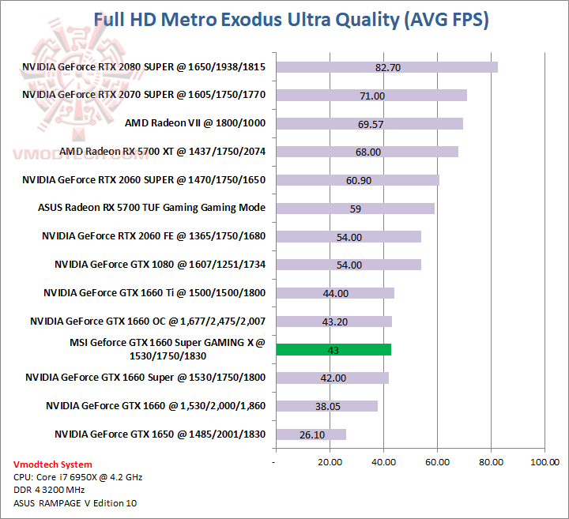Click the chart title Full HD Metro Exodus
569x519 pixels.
point(291,20)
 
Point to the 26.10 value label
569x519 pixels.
point(310,434)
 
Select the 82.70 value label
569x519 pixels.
point(388,67)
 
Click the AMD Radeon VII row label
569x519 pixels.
point(194,123)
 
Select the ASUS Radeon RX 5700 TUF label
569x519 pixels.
point(151,208)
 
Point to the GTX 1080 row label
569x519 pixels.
point(160,265)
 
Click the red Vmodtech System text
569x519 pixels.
point(53,464)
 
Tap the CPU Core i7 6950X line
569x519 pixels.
point(77,477)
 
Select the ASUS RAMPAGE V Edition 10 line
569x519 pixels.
point(75,503)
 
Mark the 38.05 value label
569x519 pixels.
point(326,406)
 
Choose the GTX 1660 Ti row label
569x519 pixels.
point(154,293)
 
